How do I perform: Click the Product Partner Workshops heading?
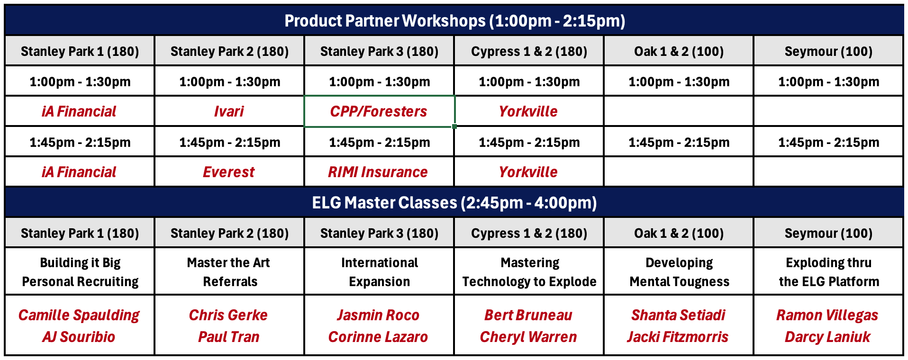click(x=454, y=21)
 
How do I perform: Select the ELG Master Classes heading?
click(x=454, y=203)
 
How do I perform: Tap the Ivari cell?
click(x=229, y=111)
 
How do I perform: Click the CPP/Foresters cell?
click(x=379, y=111)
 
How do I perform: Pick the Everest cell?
click(x=229, y=172)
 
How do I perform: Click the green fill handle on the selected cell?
click(x=454, y=126)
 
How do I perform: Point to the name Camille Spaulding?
click(x=79, y=315)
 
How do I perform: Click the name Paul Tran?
click(x=229, y=337)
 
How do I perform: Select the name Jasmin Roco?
click(x=378, y=315)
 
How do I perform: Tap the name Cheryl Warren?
click(x=528, y=337)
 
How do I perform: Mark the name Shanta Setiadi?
click(x=678, y=315)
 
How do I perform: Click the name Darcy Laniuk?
click(x=827, y=337)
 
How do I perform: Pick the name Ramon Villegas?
click(x=827, y=315)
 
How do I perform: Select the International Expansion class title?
click(x=380, y=272)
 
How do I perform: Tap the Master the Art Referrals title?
click(x=229, y=272)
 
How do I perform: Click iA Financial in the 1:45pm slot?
click(x=79, y=172)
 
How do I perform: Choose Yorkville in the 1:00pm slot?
click(x=528, y=111)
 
